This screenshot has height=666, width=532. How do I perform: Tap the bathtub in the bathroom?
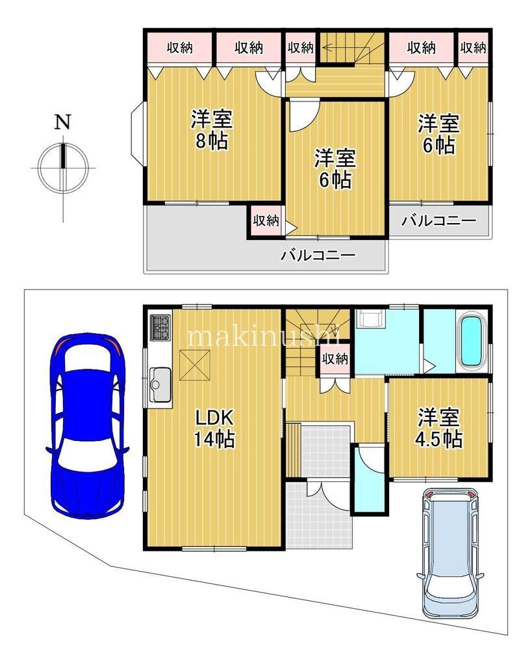point(473,341)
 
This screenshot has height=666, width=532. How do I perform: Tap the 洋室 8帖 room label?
point(211,129)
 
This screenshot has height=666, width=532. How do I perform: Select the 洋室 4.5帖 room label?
point(439,428)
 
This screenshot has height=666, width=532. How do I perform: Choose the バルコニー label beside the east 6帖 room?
point(439,221)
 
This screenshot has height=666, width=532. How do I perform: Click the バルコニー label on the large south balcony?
point(318,255)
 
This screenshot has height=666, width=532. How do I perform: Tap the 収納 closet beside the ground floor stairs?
point(335,359)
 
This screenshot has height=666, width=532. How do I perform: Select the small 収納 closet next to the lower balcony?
point(266,220)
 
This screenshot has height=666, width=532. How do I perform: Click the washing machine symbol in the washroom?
point(372,317)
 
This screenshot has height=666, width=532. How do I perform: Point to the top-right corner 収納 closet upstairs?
point(473,47)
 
